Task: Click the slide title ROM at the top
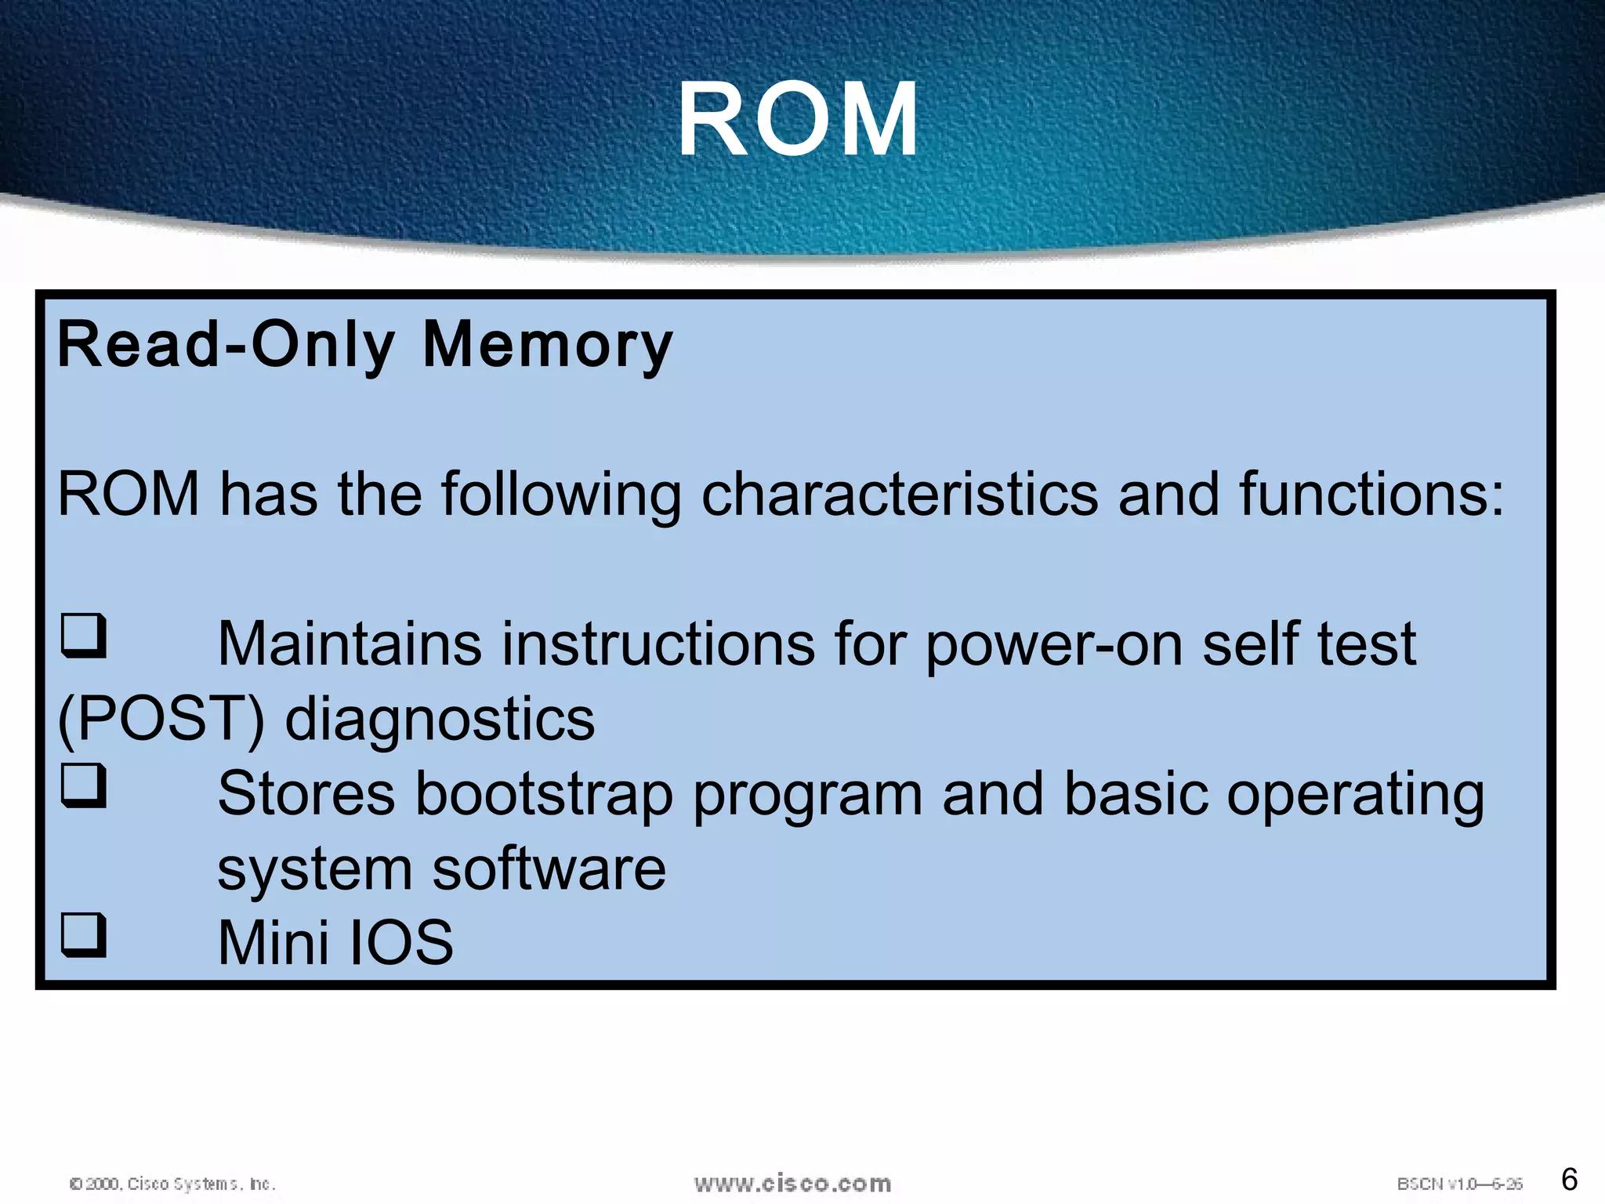[798, 121]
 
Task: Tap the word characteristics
[900, 495]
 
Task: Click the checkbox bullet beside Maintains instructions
[84, 636]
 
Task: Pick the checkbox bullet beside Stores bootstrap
[84, 785]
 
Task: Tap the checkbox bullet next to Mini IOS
[84, 935]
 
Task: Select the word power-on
[1054, 644]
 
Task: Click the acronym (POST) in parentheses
[161, 720]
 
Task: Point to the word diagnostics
[440, 720]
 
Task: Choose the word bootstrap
[544, 794]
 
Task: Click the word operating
[1355, 794]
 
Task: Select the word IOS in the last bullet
[400, 943]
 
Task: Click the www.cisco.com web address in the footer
[792, 1184]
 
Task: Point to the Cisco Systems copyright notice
[172, 1184]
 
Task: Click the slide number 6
[1569, 1179]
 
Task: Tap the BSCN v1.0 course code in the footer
[1459, 1184]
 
